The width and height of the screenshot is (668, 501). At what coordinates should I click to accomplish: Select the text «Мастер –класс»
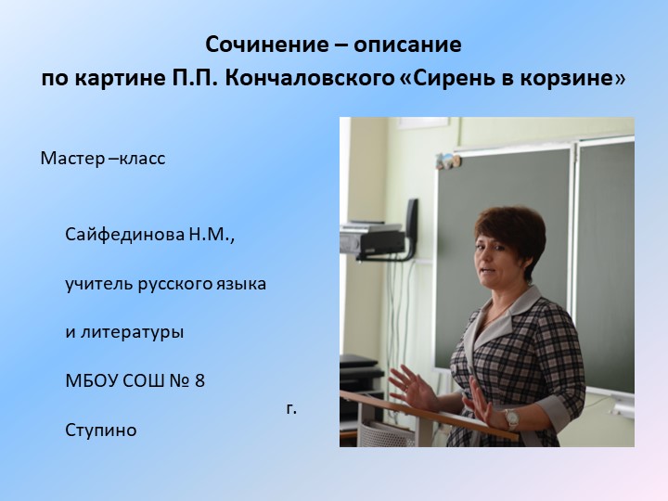pyautogui.click(x=102, y=159)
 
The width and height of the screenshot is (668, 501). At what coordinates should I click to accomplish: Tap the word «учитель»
pyautogui.click(x=99, y=283)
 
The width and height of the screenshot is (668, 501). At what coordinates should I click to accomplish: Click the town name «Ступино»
pyautogui.click(x=101, y=430)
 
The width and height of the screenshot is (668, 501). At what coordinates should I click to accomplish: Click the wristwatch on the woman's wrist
pyautogui.click(x=510, y=418)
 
